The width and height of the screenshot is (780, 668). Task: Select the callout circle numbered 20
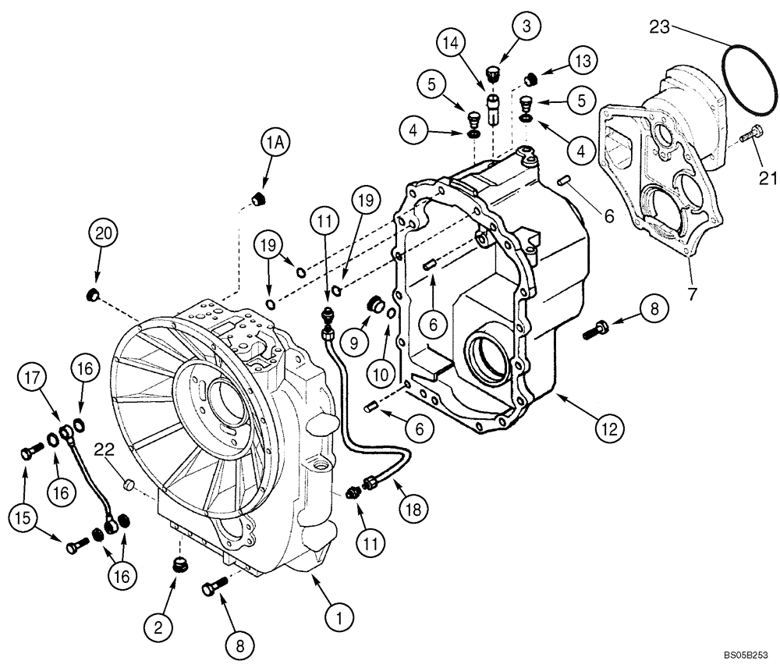[104, 233]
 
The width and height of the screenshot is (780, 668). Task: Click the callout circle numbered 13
[582, 60]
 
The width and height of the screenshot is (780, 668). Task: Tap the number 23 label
[661, 27]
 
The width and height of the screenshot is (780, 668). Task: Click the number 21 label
[768, 179]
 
